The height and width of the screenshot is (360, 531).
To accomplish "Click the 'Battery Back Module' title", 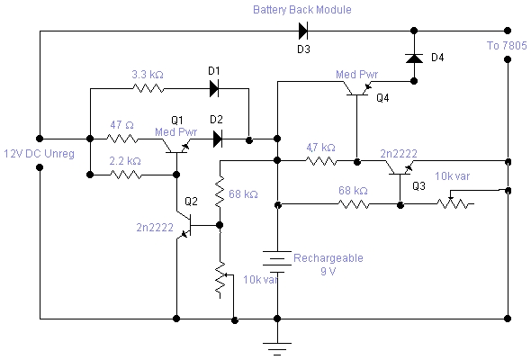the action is [x=302, y=10].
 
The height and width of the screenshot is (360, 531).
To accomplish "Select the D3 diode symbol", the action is [x=303, y=31].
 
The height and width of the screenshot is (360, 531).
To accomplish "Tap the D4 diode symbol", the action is [x=414, y=58].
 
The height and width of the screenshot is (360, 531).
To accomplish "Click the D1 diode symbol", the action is [x=214, y=89].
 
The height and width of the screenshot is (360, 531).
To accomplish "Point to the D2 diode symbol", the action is [x=218, y=139].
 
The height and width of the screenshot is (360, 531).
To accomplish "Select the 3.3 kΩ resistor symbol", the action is [x=148, y=89].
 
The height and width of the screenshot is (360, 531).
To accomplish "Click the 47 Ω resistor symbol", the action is [x=122, y=139].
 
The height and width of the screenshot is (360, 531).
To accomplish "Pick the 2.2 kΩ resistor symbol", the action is [x=126, y=175].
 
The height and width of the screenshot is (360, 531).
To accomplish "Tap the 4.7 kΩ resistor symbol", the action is [x=321, y=161].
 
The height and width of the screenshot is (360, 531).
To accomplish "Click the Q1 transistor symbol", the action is [x=176, y=147].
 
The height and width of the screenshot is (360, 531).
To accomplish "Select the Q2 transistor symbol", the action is [x=184, y=225].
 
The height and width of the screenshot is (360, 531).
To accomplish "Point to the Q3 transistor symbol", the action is [x=400, y=168].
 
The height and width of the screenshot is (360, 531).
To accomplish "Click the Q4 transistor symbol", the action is [x=357, y=89].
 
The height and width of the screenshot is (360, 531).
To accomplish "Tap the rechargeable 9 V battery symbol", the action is [x=277, y=262].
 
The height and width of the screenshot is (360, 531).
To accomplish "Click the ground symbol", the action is [x=277, y=349].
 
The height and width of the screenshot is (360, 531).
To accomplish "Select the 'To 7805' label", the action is [x=507, y=45].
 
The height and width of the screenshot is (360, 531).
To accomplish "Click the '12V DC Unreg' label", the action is [x=39, y=154].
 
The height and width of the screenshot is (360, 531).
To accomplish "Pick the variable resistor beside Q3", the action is [x=454, y=202].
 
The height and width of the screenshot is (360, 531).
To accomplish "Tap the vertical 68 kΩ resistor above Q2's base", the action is [x=220, y=192].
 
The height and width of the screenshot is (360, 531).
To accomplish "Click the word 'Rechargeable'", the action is [x=328, y=258].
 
